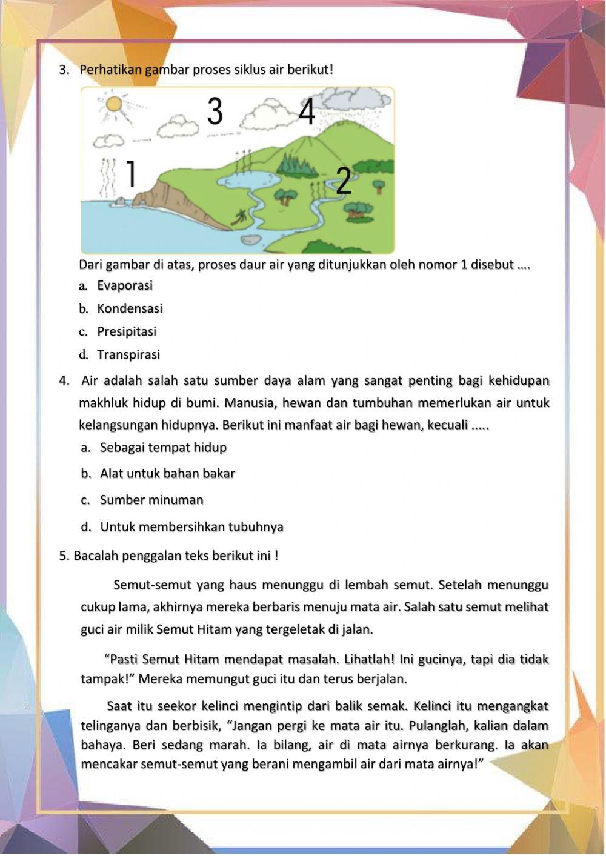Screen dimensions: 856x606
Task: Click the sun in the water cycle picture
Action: coord(113,104)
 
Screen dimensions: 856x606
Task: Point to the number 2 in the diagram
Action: coord(343,181)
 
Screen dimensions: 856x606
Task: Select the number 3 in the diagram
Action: coord(215,111)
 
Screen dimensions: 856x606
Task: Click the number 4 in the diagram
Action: coord(307,111)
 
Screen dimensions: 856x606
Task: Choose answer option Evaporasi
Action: coord(125,285)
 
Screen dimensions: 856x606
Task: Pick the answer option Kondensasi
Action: coord(130,308)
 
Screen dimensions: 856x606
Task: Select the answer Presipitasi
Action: coord(127,331)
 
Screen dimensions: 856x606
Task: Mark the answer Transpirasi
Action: coord(128,354)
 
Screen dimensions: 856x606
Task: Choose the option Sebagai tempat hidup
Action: coord(163,448)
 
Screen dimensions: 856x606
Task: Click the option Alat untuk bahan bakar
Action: coord(167,474)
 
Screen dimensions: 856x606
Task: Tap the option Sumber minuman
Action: coord(151,500)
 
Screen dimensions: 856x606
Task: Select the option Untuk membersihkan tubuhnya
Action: coord(191,527)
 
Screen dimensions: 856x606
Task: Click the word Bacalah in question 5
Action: coord(94,556)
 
